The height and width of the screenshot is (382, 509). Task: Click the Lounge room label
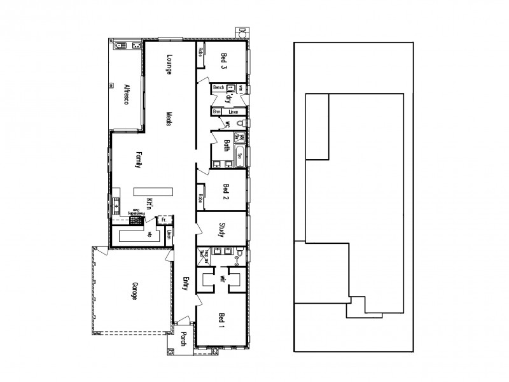[x=170, y=64]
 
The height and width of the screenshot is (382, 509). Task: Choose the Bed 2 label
[x=225, y=192]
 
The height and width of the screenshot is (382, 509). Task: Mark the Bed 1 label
[x=222, y=322]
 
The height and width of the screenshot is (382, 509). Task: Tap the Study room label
[x=223, y=230]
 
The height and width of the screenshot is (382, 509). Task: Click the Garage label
[x=134, y=292]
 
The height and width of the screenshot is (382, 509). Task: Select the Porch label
[x=183, y=341]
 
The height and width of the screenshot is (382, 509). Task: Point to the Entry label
[x=186, y=284]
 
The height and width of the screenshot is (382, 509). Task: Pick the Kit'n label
[x=150, y=205]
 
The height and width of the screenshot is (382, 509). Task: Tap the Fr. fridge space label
[x=164, y=220]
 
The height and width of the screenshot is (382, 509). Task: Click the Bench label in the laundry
[x=219, y=87]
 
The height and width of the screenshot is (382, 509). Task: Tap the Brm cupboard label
[x=216, y=112]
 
